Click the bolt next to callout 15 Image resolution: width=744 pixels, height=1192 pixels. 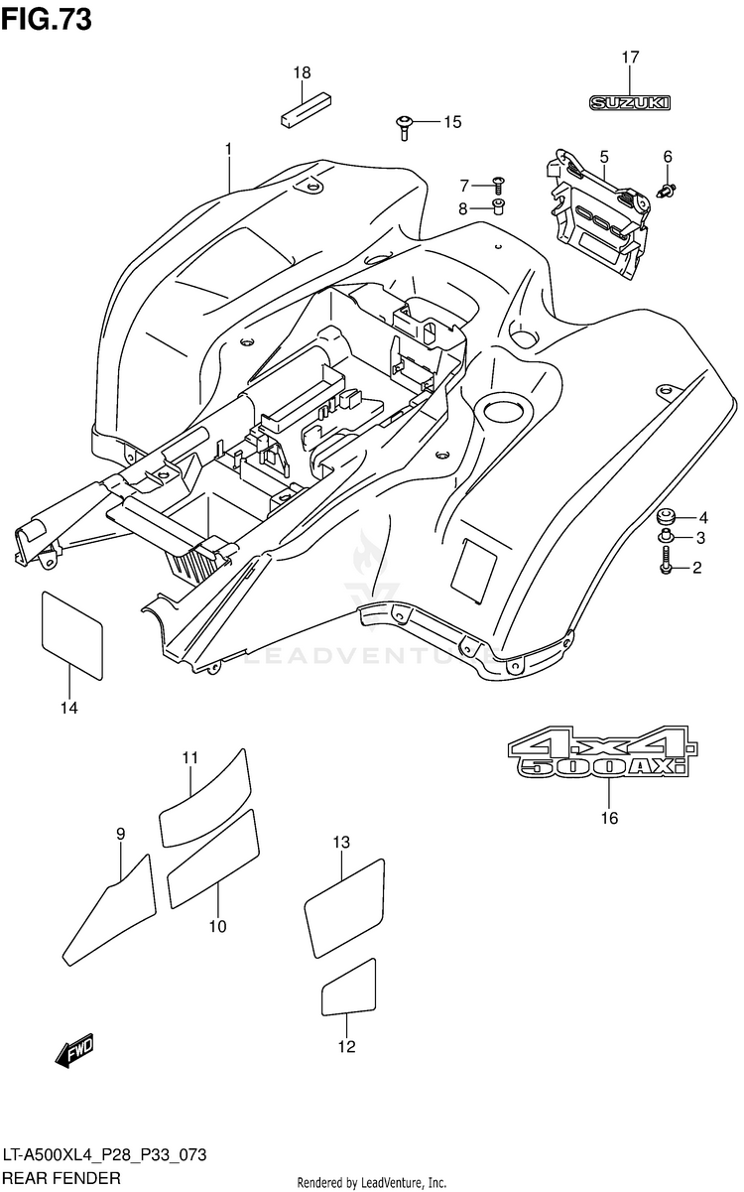click(x=404, y=125)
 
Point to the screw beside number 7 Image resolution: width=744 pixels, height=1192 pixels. click(x=498, y=184)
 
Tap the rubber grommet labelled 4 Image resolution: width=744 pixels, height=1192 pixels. click(x=664, y=517)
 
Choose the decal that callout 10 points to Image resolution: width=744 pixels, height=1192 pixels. click(x=213, y=858)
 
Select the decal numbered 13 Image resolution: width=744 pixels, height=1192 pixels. click(x=343, y=907)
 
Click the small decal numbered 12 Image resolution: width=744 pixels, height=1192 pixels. click(x=348, y=987)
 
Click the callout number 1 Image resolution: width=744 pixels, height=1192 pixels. click(x=228, y=149)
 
